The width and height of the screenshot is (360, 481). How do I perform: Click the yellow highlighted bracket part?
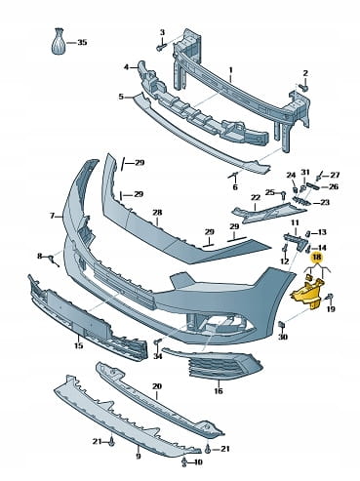click(308, 291)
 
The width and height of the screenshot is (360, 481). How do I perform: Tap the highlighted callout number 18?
click(317, 258)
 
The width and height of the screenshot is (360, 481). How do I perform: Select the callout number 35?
click(82, 43)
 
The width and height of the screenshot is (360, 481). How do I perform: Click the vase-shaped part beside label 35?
click(59, 41)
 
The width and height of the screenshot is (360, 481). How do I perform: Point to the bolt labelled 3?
click(161, 47)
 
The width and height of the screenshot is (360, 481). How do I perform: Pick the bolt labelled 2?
click(303, 87)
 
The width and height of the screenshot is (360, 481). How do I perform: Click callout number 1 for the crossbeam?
click(231, 70)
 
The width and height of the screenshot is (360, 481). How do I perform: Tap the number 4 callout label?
click(126, 67)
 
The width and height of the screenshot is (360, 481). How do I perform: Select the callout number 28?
click(157, 213)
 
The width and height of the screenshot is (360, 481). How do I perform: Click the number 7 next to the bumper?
click(52, 216)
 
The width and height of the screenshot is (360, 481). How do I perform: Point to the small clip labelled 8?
click(52, 261)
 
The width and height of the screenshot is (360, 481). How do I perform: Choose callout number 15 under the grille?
click(79, 345)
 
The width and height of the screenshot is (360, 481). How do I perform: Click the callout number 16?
click(219, 390)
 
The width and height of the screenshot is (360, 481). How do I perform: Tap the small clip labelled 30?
click(281, 324)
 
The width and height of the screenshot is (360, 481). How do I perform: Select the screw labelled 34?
click(158, 342)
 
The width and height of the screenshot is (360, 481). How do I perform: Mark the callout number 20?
click(157, 386)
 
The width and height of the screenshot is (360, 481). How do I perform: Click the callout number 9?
click(139, 456)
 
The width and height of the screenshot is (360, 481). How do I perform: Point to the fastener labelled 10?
click(184, 461)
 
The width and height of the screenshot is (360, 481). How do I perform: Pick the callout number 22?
click(256, 197)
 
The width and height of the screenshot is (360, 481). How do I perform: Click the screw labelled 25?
click(283, 195)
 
